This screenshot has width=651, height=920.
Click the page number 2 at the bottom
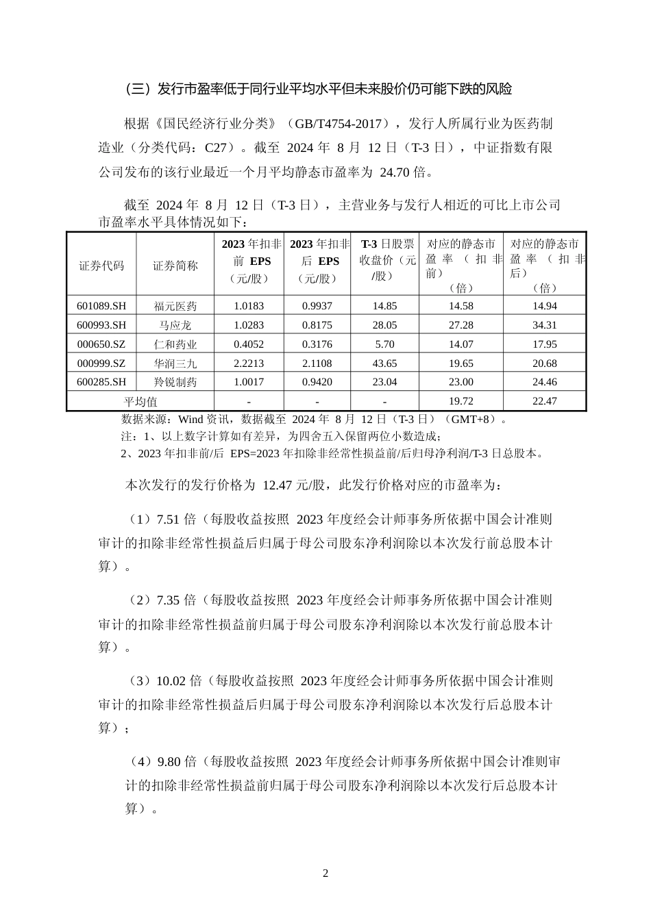tap(325, 873)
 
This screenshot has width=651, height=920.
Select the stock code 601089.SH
tap(101, 306)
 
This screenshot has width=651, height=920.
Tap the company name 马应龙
tap(175, 325)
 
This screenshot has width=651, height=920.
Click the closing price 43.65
tap(384, 363)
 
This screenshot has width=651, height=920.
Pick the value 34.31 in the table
tap(544, 325)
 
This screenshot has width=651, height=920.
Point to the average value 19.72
tap(460, 401)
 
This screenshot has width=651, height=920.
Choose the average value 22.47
tap(544, 401)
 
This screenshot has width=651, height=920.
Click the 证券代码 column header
tap(101, 266)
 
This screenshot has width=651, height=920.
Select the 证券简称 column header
tap(175, 266)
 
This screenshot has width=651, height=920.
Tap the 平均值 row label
tap(140, 402)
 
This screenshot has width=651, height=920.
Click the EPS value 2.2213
tap(249, 363)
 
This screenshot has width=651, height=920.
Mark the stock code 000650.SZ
tap(101, 344)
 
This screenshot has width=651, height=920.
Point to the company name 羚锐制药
tap(175, 383)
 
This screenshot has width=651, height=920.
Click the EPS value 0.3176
tap(317, 344)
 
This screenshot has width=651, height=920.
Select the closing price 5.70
tap(384, 344)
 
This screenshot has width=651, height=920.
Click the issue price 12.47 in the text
tap(278, 486)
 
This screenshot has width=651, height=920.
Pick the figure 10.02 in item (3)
tap(171, 681)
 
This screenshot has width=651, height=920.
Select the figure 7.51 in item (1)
tap(168, 520)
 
